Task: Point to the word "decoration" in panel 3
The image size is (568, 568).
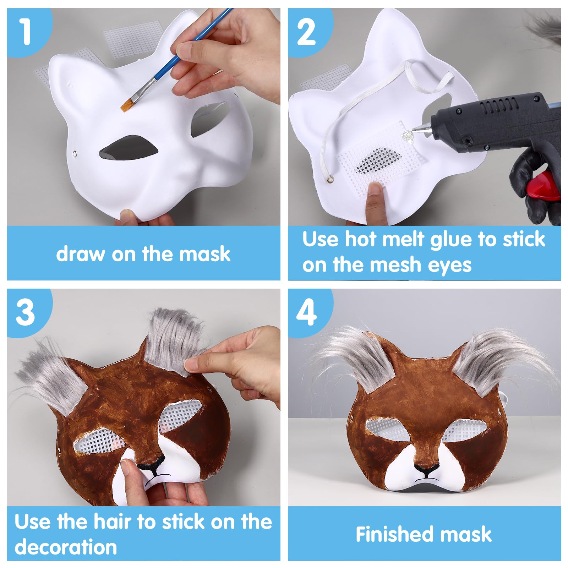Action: pos(66,547)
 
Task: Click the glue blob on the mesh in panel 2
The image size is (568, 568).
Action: pos(408,135)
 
